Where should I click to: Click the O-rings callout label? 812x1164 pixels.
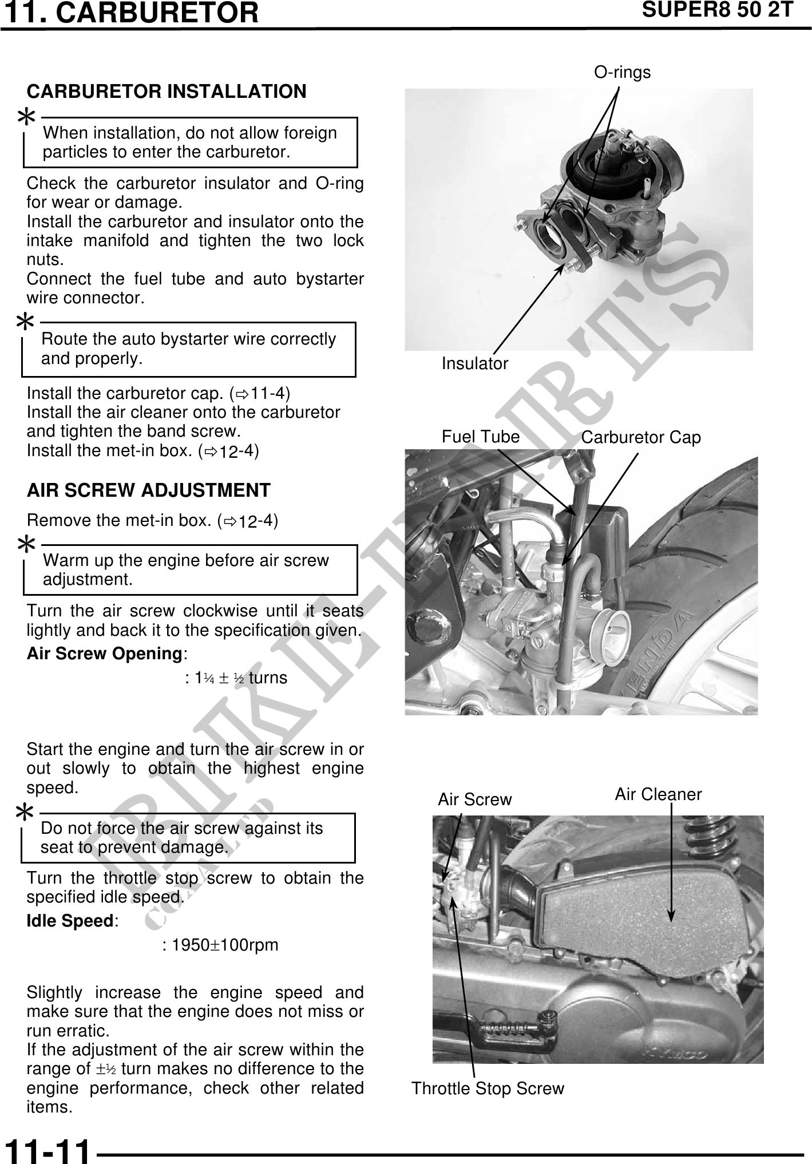tap(622, 73)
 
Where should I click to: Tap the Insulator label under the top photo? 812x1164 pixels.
tap(474, 363)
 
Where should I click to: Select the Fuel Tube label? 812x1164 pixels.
tap(480, 437)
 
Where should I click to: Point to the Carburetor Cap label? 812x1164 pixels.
tap(641, 438)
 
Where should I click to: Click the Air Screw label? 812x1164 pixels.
tap(474, 799)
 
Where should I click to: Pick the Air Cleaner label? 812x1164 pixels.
tap(658, 794)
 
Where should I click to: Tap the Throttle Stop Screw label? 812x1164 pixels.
tap(488, 1088)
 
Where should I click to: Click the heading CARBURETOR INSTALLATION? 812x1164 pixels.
tap(167, 92)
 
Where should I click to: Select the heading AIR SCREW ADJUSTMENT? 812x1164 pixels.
tap(148, 490)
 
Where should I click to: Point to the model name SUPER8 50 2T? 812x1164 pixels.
tap(718, 10)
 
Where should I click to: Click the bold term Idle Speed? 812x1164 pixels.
tap(70, 921)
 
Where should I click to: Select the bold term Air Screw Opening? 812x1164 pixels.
tap(104, 654)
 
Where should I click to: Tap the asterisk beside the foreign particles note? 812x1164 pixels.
tap(26, 118)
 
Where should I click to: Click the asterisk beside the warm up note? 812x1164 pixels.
tap(26, 545)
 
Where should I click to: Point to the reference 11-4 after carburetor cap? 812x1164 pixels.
tap(269, 394)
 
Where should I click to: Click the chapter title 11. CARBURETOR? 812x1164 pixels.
tap(130, 13)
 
